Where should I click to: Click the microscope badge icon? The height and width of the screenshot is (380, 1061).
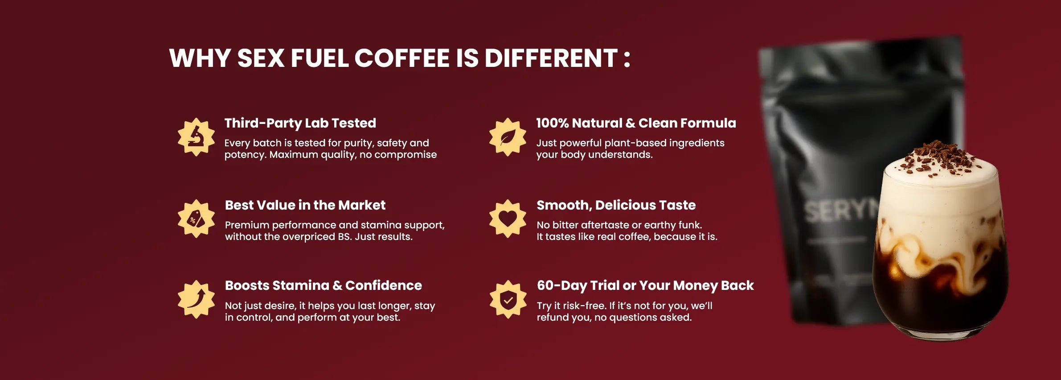pos(196,137)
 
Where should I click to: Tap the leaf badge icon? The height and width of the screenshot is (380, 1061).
pos(508,137)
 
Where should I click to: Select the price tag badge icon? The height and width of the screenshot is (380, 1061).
pos(196,219)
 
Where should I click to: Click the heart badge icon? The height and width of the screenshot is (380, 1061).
pos(508,219)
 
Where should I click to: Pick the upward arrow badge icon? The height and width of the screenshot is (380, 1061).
pos(196,299)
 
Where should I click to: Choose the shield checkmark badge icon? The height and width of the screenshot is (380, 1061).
pos(508,299)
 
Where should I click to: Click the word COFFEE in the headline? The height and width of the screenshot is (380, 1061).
pos(401,58)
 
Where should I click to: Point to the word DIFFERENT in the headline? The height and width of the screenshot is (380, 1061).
pos(551,58)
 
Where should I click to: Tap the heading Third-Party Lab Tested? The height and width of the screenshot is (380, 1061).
pos(300,124)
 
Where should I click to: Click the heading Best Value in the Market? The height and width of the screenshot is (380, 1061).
pos(305,205)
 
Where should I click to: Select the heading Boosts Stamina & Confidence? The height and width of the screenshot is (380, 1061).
pos(323,285)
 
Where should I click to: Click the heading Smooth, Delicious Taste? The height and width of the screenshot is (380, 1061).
pos(616,205)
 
